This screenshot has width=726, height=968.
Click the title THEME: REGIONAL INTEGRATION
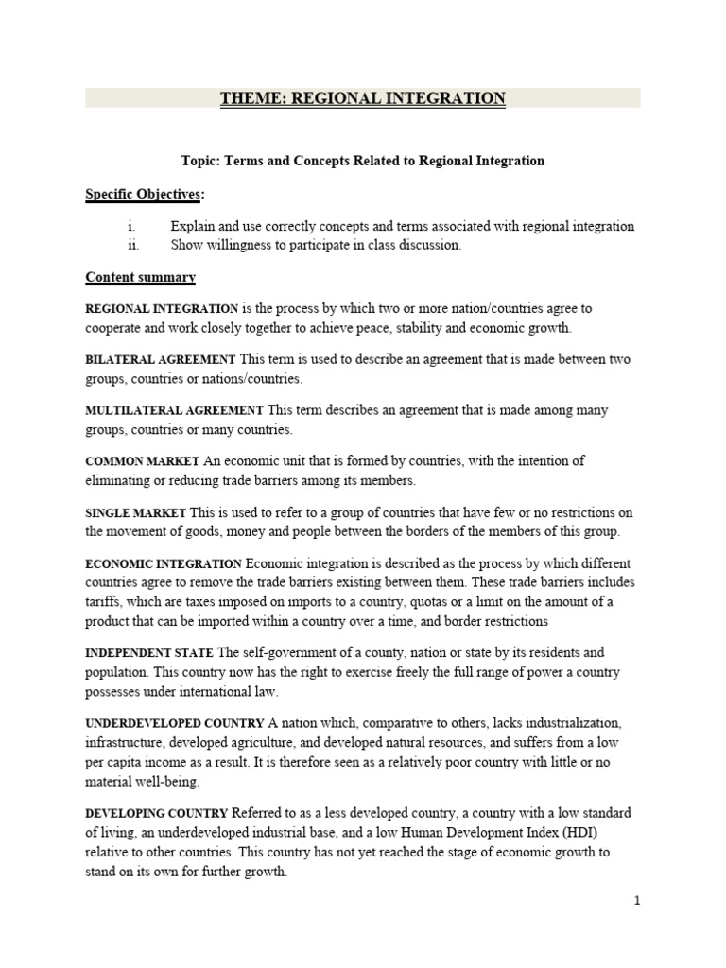pyautogui.click(x=363, y=98)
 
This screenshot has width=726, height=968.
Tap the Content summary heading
pyautogui.click(x=141, y=277)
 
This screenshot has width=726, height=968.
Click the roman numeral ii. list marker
pyautogui.click(x=133, y=245)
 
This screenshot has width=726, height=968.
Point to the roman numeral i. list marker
pyautogui.click(x=133, y=227)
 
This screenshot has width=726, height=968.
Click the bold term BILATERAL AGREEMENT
pyautogui.click(x=161, y=360)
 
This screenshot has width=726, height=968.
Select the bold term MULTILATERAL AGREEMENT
pyautogui.click(x=175, y=411)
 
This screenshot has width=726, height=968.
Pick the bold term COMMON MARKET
pyautogui.click(x=143, y=461)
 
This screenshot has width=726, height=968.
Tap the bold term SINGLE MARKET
pyautogui.click(x=136, y=512)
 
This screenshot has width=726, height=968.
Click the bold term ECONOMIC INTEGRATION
pyautogui.click(x=164, y=563)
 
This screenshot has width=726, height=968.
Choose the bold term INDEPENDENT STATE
pyautogui.click(x=150, y=653)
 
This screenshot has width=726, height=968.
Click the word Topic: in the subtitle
pyautogui.click(x=200, y=161)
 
